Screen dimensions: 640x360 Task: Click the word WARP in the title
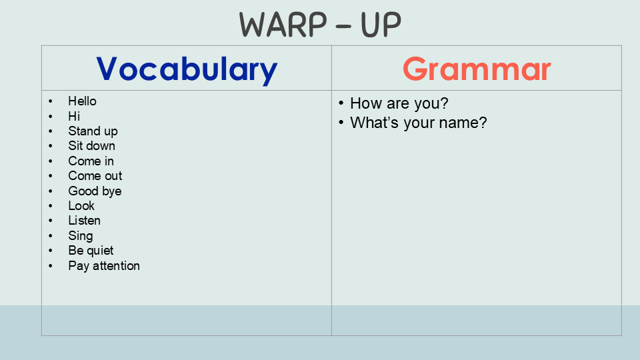pyautogui.click(x=283, y=25)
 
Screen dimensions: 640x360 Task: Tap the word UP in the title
pyautogui.click(x=381, y=25)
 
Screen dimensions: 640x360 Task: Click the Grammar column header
pyautogui.click(x=477, y=69)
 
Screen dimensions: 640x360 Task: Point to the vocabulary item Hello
pyautogui.click(x=82, y=101)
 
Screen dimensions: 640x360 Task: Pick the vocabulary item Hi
pyautogui.click(x=74, y=116)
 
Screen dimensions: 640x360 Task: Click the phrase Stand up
pyautogui.click(x=93, y=131)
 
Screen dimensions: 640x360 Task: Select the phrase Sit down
pyautogui.click(x=91, y=146)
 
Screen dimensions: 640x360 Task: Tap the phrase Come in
pyautogui.click(x=91, y=161)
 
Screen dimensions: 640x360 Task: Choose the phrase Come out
pyautogui.click(x=95, y=176)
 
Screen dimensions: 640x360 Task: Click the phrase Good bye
pyautogui.click(x=95, y=191)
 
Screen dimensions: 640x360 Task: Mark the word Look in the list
pyautogui.click(x=81, y=206)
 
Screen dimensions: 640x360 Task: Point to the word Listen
pyautogui.click(x=84, y=221)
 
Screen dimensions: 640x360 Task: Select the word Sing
pyautogui.click(x=81, y=236)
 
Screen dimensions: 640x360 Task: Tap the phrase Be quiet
pyautogui.click(x=91, y=251)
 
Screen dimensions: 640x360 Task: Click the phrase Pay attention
pyautogui.click(x=104, y=266)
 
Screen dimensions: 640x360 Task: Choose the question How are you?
pyautogui.click(x=399, y=104)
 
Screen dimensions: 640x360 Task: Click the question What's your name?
pyautogui.click(x=419, y=123)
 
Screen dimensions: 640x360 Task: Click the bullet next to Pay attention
pyautogui.click(x=51, y=266)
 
